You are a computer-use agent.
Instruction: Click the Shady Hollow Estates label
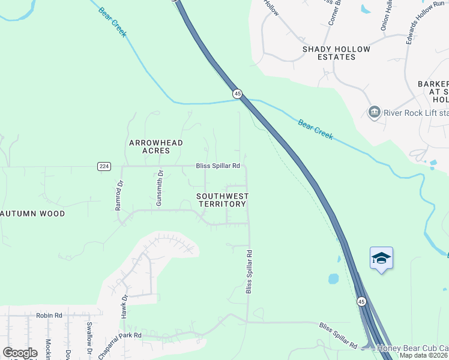[x=336, y=53]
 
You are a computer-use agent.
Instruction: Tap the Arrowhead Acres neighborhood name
[x=156, y=146]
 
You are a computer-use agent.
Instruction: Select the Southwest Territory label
[x=222, y=200]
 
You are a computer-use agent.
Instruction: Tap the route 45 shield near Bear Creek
[x=237, y=94]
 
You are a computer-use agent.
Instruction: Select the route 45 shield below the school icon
[x=361, y=301]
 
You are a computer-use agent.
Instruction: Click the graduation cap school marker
[x=381, y=258]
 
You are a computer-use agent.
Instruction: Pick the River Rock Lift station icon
[x=374, y=112]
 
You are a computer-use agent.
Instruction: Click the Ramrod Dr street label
[x=119, y=196]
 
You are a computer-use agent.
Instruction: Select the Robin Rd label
[x=49, y=315]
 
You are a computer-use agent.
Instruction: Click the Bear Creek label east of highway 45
[x=315, y=129]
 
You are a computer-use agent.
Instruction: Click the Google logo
[x=20, y=352]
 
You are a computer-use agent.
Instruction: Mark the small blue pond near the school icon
[x=333, y=279]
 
